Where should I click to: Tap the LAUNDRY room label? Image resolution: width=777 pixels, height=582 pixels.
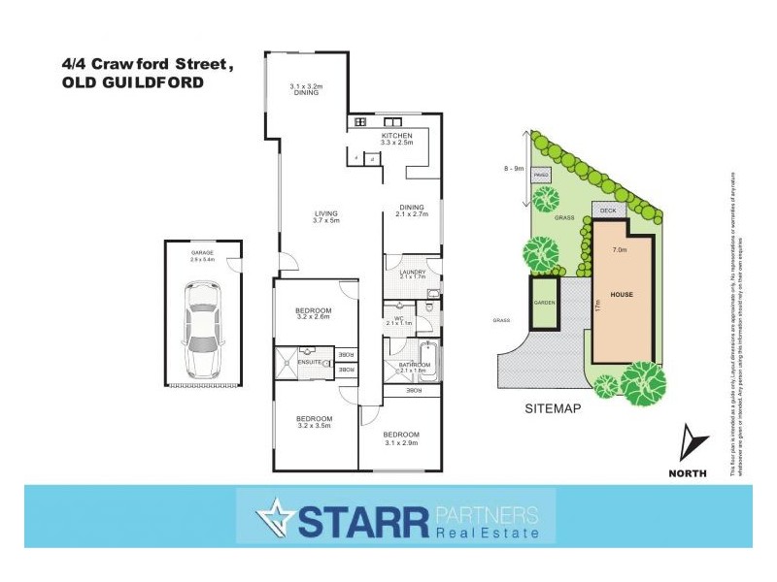pyautogui.click(x=413, y=275)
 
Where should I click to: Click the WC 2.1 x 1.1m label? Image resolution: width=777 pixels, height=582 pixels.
pyautogui.click(x=399, y=320)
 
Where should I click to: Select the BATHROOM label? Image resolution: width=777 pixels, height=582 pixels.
pyautogui.click(x=413, y=367)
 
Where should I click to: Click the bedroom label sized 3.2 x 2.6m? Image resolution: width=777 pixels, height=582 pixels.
pyautogui.click(x=313, y=313)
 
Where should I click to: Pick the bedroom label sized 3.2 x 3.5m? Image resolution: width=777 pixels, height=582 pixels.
pyautogui.click(x=313, y=421)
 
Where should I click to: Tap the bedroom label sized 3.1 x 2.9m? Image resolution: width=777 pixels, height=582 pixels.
pyautogui.click(x=400, y=436)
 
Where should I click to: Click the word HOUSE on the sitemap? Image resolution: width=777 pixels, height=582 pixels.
pyautogui.click(x=622, y=294)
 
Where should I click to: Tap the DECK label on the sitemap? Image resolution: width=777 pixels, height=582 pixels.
pyautogui.click(x=608, y=210)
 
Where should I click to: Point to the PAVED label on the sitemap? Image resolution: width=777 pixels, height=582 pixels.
pyautogui.click(x=541, y=175)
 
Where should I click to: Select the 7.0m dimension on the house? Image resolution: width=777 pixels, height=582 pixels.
pyautogui.click(x=619, y=249)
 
